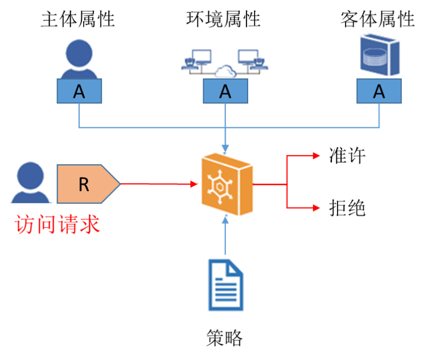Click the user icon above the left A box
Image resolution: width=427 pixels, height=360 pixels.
point(79,56)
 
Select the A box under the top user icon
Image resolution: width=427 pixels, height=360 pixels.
point(79,92)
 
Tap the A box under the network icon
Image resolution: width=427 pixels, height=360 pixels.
point(225,92)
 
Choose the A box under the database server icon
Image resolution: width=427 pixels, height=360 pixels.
point(379,91)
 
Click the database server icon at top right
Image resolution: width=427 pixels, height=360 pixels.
point(379,54)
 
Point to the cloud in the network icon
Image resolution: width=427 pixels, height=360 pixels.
point(225,72)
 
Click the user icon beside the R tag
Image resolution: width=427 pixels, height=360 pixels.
point(30,180)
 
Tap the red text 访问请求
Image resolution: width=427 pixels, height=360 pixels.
point(58,225)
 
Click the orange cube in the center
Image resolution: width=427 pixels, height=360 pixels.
point(225,184)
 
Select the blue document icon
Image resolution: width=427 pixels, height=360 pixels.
point(225,285)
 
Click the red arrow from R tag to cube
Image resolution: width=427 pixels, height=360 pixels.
point(157,184)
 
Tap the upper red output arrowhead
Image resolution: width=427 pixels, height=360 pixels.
point(317,155)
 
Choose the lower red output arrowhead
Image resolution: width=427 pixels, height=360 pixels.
point(317,208)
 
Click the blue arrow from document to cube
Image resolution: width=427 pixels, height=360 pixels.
point(225,236)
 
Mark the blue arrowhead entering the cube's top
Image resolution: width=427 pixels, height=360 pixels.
point(225,148)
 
